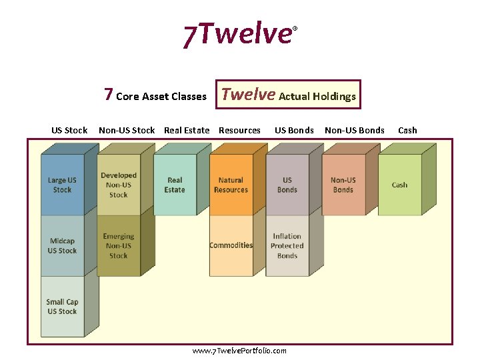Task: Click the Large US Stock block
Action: click(62, 185)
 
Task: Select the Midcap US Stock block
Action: click(62, 246)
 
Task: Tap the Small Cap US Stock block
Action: click(62, 307)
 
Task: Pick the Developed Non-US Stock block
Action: click(119, 185)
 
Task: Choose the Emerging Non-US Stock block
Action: click(119, 245)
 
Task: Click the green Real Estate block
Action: click(175, 185)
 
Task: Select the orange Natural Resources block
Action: click(231, 185)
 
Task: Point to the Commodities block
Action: click(231, 245)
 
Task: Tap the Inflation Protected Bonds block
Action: click(287, 245)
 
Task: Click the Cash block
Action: click(399, 185)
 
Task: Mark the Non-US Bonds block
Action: click(343, 185)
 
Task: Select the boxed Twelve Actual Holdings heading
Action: click(289, 95)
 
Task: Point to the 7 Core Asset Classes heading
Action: click(155, 95)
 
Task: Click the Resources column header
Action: click(239, 130)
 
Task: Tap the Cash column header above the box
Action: click(407, 130)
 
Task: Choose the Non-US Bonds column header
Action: click(354, 130)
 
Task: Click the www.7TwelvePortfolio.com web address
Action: click(239, 351)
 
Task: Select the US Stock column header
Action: click(69, 130)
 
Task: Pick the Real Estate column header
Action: click(187, 130)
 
